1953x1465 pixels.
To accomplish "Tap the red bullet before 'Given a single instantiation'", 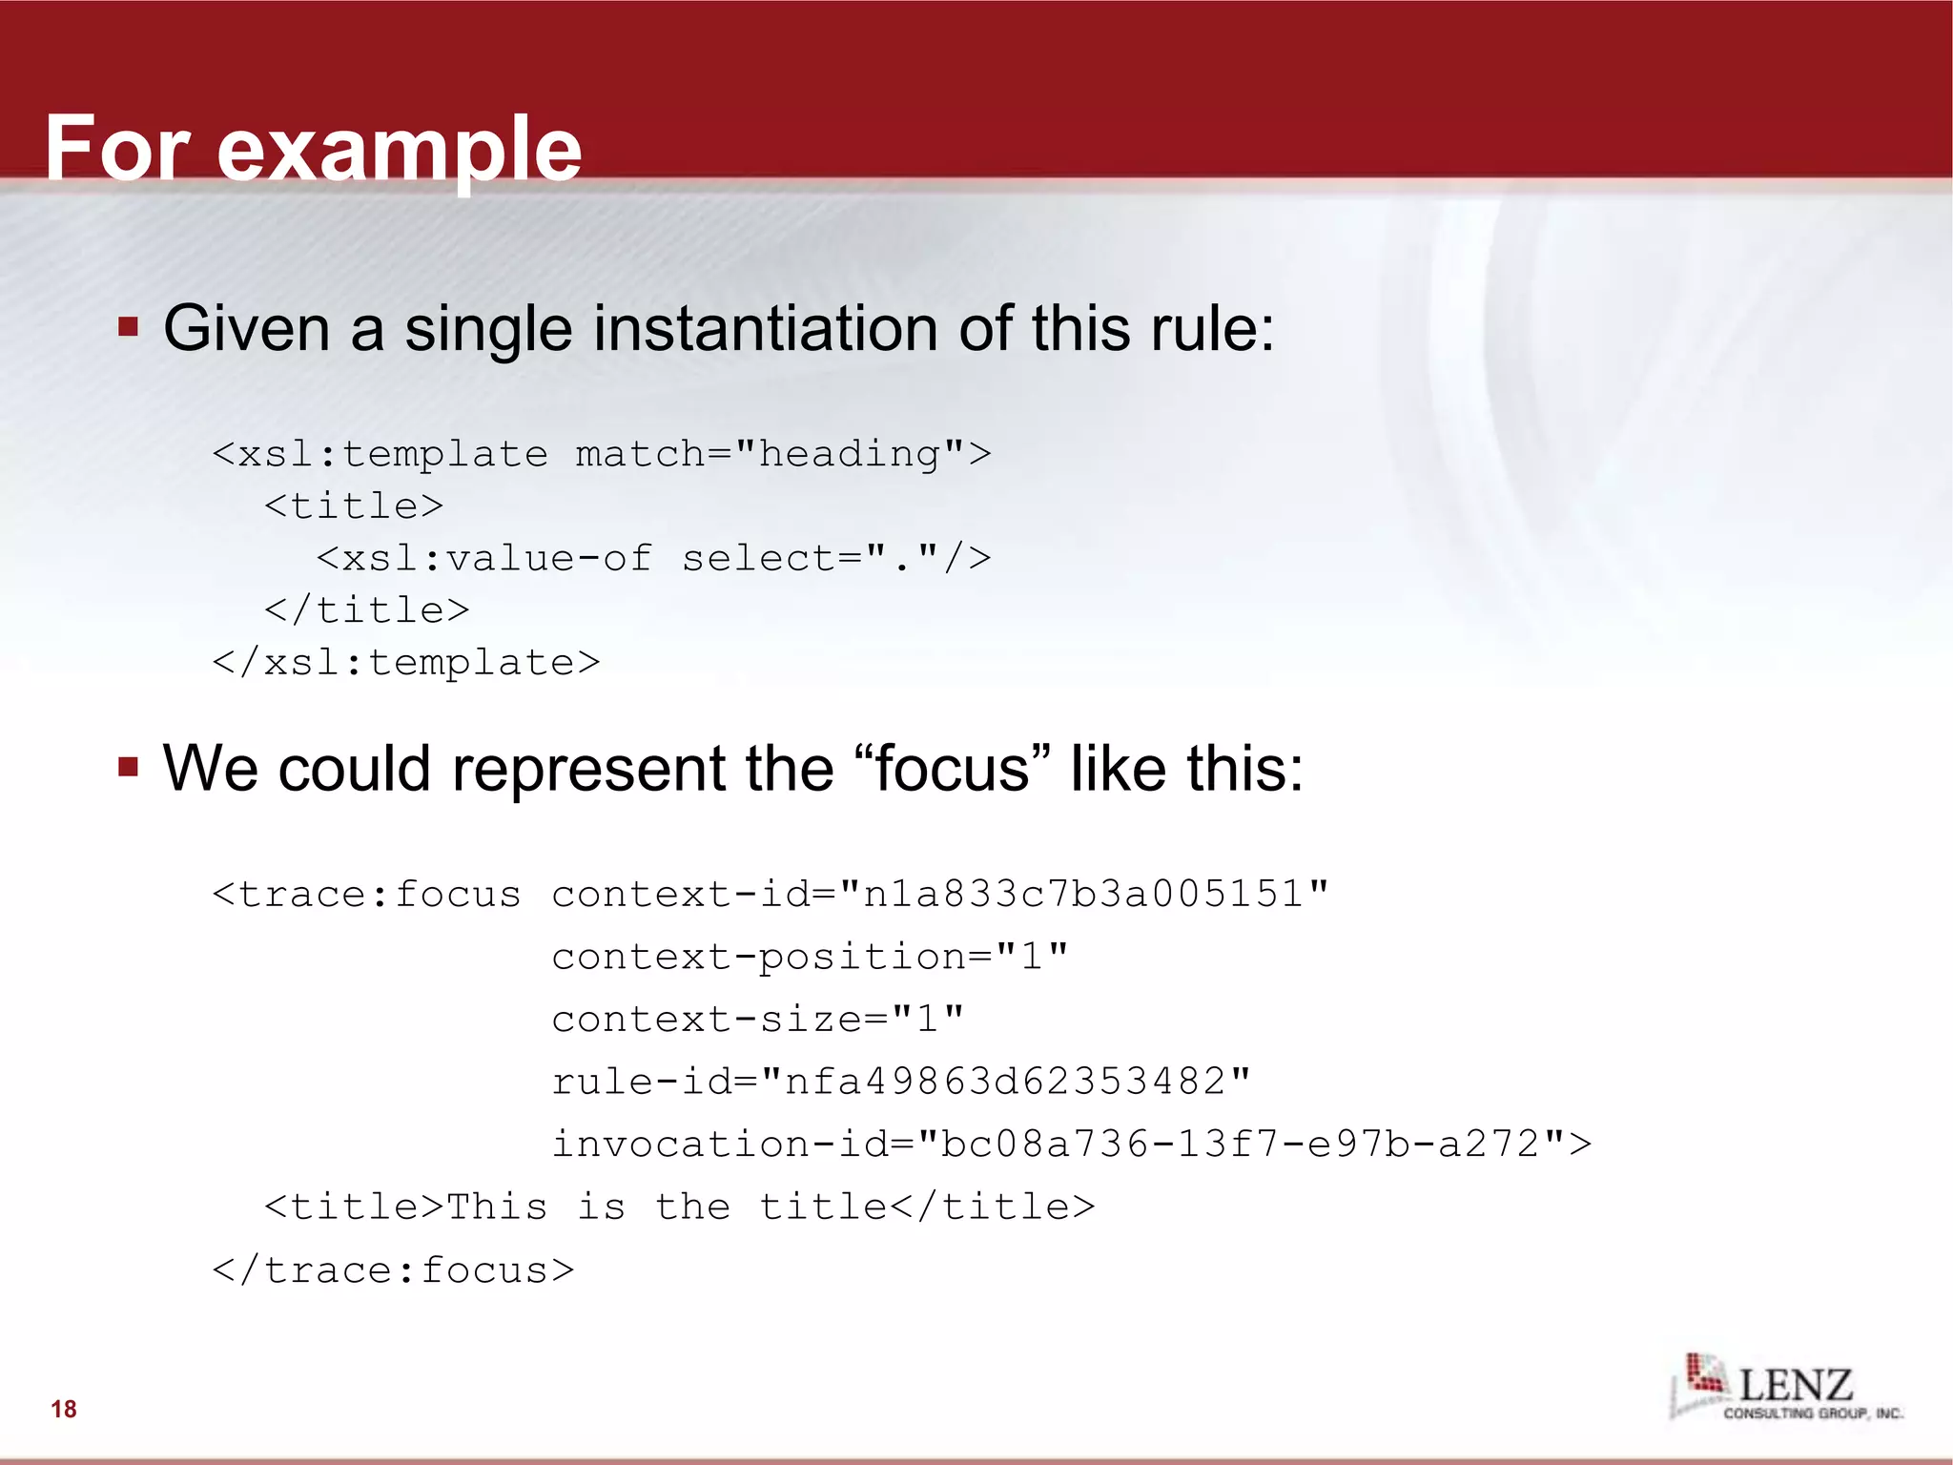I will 129,328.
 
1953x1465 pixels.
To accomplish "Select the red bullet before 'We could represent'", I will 129,767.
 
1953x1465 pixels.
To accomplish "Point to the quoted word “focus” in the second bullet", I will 952,768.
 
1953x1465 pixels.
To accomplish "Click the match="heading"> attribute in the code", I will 783,454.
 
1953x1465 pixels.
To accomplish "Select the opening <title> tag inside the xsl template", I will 354,506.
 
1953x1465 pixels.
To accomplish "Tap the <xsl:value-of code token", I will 484,559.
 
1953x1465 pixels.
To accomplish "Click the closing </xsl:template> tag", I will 406,663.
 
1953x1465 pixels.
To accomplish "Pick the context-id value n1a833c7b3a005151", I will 1083,895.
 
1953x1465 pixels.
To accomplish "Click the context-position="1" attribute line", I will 810,957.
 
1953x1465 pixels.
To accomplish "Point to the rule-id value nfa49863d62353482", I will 1005,1082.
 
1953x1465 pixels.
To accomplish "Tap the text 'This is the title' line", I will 679,1207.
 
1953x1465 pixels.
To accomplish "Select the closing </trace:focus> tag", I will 393,1270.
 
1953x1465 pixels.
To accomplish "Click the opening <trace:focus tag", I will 366,895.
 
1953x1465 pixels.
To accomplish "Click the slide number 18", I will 64,1409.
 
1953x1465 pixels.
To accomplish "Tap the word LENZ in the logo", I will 1796,1385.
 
